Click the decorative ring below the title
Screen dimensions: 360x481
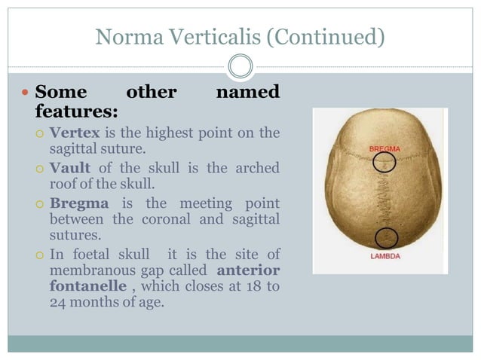(240, 66)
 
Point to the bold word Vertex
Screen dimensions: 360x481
(75, 133)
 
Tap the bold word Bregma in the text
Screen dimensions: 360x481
(79, 203)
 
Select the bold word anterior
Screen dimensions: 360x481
(248, 269)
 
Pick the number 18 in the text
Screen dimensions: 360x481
(250, 286)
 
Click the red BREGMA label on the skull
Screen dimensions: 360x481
(384, 149)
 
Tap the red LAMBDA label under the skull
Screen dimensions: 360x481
(385, 256)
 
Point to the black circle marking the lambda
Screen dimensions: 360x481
(385, 238)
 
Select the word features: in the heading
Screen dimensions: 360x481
(77, 112)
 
